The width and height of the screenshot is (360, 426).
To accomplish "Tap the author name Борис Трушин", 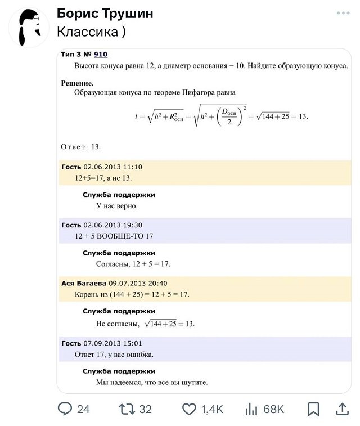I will [105, 14].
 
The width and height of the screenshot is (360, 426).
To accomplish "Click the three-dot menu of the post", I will [343, 13].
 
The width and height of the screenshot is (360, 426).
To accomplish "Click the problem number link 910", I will [101, 55].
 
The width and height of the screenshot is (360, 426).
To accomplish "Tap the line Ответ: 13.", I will [80, 147].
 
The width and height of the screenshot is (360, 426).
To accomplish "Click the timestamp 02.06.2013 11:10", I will [112, 167].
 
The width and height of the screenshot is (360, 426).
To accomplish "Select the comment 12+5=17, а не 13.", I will [103, 178].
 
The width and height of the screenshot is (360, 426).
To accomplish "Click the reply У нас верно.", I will [117, 206].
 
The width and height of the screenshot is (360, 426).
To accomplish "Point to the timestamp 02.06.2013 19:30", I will [112, 225].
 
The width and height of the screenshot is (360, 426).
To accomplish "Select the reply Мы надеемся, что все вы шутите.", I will [152, 383].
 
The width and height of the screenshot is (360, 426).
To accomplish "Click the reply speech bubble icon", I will [65, 409].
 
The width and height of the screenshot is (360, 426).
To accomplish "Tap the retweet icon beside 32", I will [127, 409].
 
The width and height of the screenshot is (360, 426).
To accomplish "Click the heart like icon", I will [189, 409].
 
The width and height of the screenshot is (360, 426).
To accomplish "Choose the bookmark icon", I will [313, 409].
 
